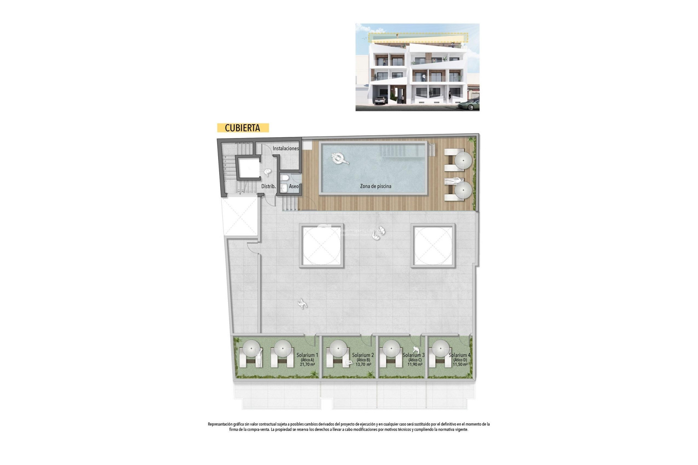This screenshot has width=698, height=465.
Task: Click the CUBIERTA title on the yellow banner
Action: pyautogui.click(x=242, y=128)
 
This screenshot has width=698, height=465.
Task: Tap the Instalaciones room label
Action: pyautogui.click(x=286, y=149)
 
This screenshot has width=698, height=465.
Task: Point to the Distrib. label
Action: pyautogui.click(x=268, y=186)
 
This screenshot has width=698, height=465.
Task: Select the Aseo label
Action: pyautogui.click(x=294, y=186)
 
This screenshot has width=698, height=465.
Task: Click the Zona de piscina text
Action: pyautogui.click(x=376, y=186)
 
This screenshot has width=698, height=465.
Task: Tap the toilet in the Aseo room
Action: pyautogui.click(x=285, y=178)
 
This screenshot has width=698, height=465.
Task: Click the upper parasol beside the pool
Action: pyautogui.click(x=463, y=160)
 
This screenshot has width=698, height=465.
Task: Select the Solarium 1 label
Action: pyautogui.click(x=307, y=355)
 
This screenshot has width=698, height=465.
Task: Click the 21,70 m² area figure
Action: pyautogui.click(x=307, y=364)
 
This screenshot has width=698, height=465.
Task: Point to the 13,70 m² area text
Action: pyautogui.click(x=363, y=364)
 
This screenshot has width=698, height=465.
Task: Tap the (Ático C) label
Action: pyautogui.click(x=414, y=360)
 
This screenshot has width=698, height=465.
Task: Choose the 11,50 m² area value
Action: pyautogui.click(x=460, y=364)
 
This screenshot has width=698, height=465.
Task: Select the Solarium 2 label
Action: pyautogui.click(x=363, y=355)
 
